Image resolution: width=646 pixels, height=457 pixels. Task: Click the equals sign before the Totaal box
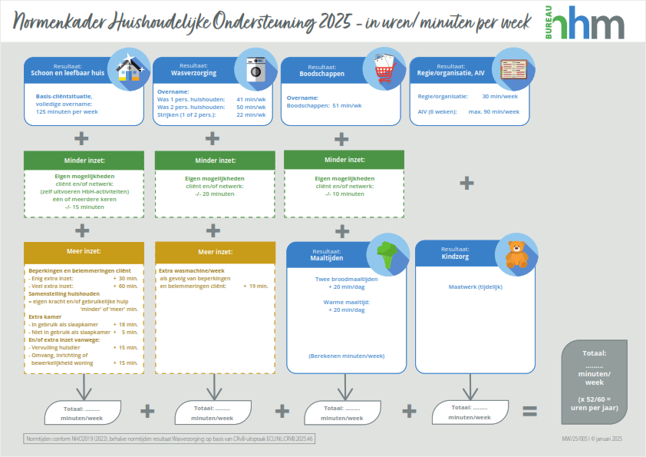(529, 411)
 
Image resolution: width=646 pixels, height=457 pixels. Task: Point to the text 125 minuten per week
(68, 111)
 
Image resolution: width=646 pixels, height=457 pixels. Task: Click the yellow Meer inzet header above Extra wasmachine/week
(215, 252)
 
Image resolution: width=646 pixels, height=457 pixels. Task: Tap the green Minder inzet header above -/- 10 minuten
(344, 160)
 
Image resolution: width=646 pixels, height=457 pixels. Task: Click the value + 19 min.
(255, 286)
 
